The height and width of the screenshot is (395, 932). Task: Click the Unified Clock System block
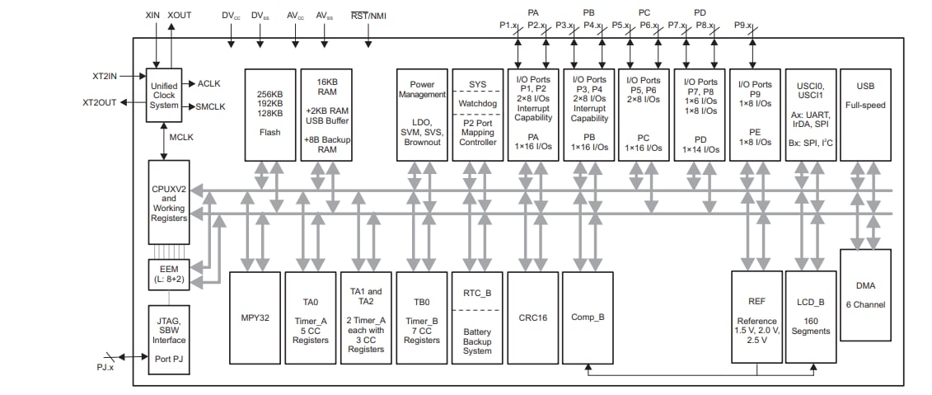pyautogui.click(x=164, y=95)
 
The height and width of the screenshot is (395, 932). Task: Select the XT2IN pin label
pyautogui.click(x=105, y=76)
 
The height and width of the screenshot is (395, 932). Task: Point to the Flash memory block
pyautogui.click(x=269, y=114)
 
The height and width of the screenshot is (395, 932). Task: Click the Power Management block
pyautogui.click(x=422, y=114)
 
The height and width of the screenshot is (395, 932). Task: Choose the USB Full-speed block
pyautogui.click(x=865, y=114)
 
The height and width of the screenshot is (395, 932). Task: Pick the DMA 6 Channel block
pyautogui.click(x=865, y=294)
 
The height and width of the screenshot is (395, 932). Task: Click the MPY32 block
pyautogui.click(x=254, y=317)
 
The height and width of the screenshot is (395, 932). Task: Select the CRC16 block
pyautogui.click(x=532, y=317)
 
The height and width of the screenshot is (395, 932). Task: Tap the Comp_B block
pyautogui.click(x=588, y=317)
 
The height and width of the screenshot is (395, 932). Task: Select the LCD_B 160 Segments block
pyautogui.click(x=810, y=317)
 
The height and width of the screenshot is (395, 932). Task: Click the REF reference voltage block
pyautogui.click(x=756, y=317)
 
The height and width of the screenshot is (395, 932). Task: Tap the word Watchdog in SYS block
pyautogui.click(x=478, y=103)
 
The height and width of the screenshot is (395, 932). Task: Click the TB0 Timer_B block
pyautogui.click(x=422, y=317)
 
